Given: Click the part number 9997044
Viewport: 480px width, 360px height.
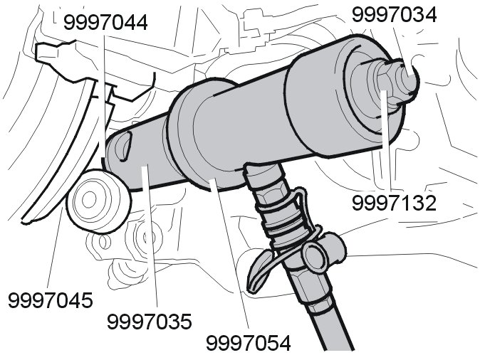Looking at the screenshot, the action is (x=105, y=23).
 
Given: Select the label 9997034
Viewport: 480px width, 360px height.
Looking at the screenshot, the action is (x=395, y=15).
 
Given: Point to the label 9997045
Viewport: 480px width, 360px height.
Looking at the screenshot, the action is (x=50, y=300).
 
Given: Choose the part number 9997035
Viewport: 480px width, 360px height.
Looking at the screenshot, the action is (x=150, y=322).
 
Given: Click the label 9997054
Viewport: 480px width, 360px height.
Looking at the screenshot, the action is (x=249, y=343).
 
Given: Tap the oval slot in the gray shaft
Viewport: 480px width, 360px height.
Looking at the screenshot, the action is (x=123, y=146).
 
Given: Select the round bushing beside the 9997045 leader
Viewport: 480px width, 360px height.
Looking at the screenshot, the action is (x=98, y=201).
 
